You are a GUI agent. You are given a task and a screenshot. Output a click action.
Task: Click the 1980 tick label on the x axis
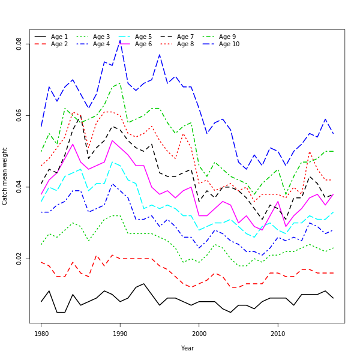click(x=41, y=334)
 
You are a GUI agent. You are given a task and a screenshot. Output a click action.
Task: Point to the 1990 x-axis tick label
click(x=120, y=334)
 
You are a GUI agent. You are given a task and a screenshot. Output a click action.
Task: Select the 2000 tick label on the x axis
click(x=199, y=334)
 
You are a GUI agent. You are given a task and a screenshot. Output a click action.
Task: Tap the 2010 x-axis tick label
click(x=278, y=334)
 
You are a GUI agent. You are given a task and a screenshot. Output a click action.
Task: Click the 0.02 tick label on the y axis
click(x=19, y=259)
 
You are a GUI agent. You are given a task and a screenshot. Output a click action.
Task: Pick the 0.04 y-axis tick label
click(x=19, y=187)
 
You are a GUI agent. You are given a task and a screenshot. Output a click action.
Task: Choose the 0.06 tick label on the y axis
click(x=19, y=115)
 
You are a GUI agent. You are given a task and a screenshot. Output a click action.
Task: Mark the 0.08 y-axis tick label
click(x=19, y=43)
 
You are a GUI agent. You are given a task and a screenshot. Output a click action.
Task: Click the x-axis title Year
click(x=187, y=348)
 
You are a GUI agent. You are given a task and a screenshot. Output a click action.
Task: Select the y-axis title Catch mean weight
click(x=5, y=176)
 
